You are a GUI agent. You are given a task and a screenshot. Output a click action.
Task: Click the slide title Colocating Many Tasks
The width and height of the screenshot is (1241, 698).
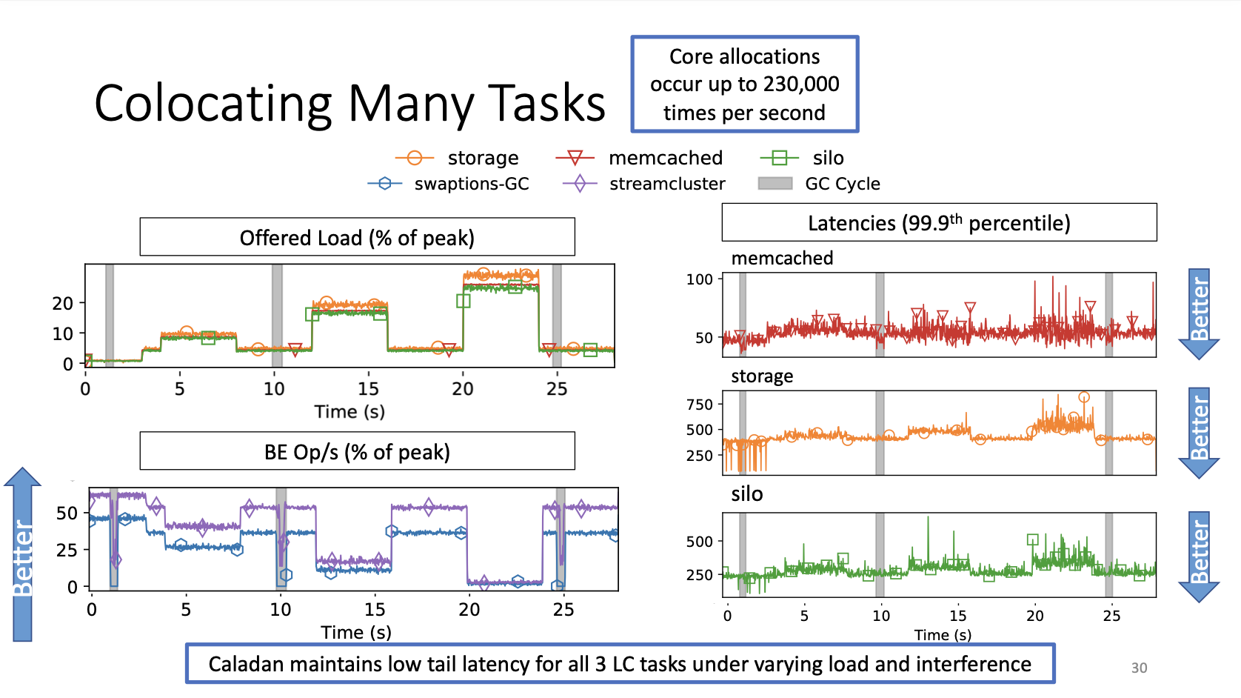pos(349,103)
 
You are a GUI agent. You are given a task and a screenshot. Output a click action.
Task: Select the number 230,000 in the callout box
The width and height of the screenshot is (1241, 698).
pos(801,84)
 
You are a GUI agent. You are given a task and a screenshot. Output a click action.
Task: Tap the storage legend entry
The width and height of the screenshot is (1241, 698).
pos(482,158)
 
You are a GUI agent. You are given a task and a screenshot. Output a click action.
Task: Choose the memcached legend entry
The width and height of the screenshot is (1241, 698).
pos(665,158)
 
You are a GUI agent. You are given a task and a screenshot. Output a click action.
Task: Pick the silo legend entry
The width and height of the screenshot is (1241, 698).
pos(827,158)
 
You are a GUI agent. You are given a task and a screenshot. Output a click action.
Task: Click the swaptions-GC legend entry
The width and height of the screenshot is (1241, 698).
pos(471,184)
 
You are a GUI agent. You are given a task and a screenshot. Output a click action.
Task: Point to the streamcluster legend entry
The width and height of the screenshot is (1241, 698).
pos(666,184)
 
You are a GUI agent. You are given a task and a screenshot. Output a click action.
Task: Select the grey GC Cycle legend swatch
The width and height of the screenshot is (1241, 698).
pos(775,184)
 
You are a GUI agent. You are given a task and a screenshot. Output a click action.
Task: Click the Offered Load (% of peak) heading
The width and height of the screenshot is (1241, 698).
pos(357,238)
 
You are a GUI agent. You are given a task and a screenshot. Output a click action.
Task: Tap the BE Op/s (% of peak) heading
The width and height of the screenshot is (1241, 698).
pos(357,452)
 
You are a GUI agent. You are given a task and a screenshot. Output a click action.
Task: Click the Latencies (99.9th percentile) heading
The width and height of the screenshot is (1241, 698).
pos(939,223)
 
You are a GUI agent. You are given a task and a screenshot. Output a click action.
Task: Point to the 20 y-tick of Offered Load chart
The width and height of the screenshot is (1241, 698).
pos(63,304)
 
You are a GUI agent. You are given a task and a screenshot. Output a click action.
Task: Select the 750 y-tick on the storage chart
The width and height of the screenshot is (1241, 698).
pos(700,405)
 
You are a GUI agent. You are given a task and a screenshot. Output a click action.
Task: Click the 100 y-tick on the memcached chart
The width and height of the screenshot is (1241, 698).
pos(700,279)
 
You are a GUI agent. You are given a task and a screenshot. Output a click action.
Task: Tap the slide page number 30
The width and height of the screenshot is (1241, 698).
pos(1139,668)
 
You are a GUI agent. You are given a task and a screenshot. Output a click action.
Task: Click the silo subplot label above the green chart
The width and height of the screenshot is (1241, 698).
pos(746,494)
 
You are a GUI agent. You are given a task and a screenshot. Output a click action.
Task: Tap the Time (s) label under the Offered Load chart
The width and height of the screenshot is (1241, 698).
pos(349,412)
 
